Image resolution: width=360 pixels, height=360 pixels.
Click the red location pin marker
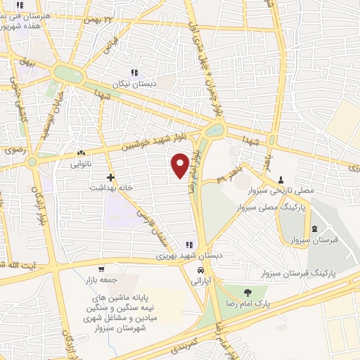181,165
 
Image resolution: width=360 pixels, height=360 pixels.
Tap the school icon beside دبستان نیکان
134,72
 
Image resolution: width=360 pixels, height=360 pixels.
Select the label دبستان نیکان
140,82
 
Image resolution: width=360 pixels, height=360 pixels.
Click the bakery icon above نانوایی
81,153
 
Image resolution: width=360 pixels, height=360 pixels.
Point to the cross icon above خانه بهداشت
110,177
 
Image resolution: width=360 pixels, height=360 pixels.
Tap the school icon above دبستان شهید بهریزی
188,244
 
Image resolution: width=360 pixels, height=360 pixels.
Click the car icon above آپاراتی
201,270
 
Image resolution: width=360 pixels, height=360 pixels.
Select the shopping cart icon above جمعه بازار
102,269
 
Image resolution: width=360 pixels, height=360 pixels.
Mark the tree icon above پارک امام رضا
247,292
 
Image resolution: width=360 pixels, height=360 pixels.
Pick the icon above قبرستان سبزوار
314,229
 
